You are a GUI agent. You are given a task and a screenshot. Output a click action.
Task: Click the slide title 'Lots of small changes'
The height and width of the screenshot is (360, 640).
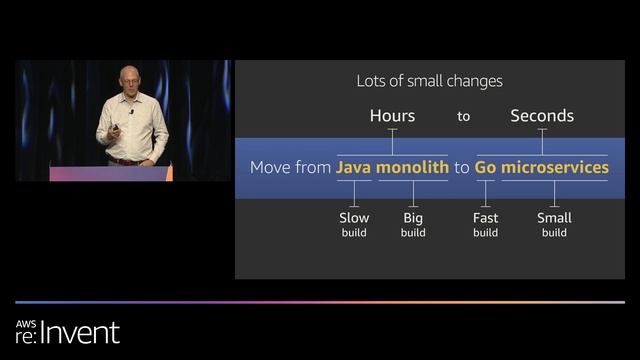[429, 81]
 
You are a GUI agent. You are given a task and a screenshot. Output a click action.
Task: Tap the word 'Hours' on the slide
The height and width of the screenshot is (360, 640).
[392, 116]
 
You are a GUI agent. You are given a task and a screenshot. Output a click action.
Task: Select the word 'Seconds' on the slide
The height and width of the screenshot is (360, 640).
[542, 116]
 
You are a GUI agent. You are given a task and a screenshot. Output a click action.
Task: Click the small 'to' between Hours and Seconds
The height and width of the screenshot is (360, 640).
[463, 117]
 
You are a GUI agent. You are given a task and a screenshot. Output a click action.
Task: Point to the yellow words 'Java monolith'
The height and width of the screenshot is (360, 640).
[392, 167]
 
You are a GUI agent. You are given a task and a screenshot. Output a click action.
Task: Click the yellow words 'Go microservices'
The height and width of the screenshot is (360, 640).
[541, 167]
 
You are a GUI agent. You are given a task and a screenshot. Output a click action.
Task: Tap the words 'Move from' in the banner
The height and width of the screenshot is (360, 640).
[290, 167]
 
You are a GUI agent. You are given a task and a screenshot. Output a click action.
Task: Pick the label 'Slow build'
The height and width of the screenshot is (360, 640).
[354, 224]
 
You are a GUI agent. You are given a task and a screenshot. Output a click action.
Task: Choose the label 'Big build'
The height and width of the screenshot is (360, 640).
[413, 224]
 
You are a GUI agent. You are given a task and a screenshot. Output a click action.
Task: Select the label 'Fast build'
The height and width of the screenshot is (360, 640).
[485, 224]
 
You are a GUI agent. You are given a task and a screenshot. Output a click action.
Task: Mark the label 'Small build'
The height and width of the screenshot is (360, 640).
[554, 224]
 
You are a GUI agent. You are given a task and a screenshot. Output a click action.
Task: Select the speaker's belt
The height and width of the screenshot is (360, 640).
[126, 160]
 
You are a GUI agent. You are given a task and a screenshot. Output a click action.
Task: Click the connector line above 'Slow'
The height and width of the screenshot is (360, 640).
[354, 198]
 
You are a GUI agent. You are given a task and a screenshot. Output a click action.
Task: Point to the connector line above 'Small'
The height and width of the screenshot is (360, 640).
[554, 198]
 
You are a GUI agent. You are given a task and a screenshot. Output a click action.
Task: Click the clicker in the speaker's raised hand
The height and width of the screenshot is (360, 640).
[131, 125]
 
